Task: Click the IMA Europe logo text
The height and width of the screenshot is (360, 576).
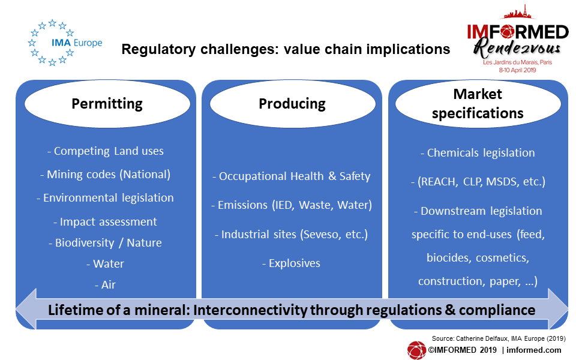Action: tap(77, 43)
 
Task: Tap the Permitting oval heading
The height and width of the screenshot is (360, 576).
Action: tap(107, 104)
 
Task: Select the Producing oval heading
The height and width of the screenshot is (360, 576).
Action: tap(292, 104)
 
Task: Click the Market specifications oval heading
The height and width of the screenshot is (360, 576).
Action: tap(478, 104)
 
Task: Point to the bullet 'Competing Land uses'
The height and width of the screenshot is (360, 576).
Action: tap(106, 151)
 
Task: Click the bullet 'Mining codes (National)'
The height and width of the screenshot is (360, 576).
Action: tap(106, 175)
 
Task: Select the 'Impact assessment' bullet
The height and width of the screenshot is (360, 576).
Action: tap(106, 222)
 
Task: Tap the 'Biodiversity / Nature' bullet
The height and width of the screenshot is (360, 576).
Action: tap(106, 243)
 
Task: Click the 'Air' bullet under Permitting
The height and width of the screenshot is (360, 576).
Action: tap(106, 284)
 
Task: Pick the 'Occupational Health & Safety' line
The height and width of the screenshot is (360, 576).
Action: tap(292, 176)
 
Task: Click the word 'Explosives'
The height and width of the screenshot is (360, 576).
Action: tap(295, 263)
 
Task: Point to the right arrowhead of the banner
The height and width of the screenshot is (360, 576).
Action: tap(557, 308)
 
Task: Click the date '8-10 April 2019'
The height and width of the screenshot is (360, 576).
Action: tap(518, 70)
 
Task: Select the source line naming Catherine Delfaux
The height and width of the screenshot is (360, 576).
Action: tap(499, 338)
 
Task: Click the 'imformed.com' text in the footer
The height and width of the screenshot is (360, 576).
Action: tap(534, 350)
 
